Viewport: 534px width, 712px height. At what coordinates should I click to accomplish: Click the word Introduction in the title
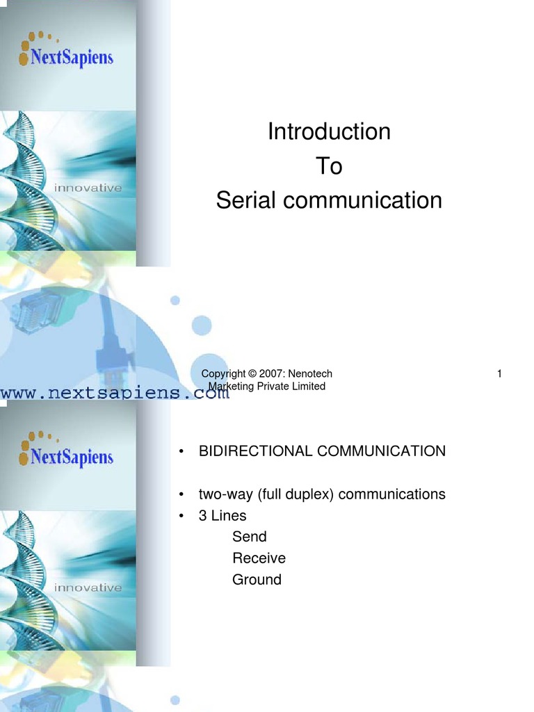pos(329,131)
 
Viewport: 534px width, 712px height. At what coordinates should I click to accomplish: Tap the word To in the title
pos(329,166)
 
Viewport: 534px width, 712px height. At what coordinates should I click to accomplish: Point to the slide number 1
pos(499,374)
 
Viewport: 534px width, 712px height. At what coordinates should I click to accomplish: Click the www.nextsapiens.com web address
pos(115,394)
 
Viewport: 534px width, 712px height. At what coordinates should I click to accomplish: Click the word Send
pos(249,537)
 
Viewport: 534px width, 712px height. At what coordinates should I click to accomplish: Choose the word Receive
pos(259,558)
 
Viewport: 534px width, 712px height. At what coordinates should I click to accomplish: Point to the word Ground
pos(257,580)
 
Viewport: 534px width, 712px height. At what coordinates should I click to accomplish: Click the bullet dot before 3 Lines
pos(181,516)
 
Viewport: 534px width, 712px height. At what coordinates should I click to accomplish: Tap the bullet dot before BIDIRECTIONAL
pos(181,452)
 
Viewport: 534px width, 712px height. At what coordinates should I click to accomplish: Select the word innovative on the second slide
pos(88,588)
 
